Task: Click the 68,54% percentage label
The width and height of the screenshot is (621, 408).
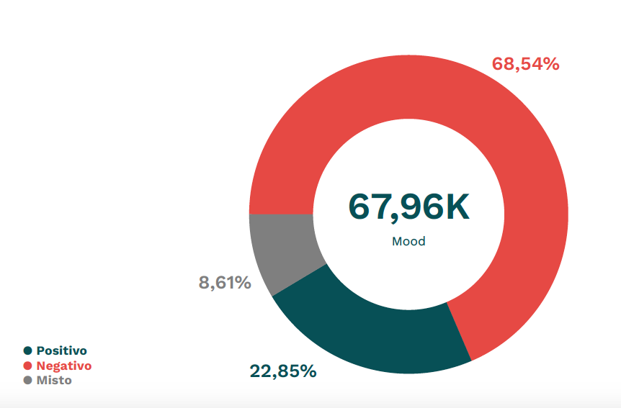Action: click(x=525, y=64)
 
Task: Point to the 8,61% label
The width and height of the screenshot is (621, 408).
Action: click(x=225, y=283)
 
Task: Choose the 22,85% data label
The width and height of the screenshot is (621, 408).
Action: click(x=283, y=371)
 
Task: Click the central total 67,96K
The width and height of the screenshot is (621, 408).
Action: click(x=408, y=207)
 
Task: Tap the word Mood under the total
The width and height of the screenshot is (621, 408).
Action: click(x=408, y=242)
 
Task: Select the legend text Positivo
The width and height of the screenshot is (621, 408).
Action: click(x=61, y=351)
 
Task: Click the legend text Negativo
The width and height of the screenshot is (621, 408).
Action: click(x=64, y=366)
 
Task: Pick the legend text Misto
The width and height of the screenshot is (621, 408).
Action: click(x=54, y=380)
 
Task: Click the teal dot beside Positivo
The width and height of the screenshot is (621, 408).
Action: click(x=28, y=351)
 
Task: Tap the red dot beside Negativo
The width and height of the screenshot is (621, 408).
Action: click(x=28, y=366)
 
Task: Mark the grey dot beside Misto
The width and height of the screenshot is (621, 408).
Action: click(x=28, y=380)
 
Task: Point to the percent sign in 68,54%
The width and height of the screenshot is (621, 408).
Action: click(x=551, y=64)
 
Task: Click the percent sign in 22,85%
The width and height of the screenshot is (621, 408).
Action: click(x=308, y=371)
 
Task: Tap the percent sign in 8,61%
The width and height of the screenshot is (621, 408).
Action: click(x=243, y=283)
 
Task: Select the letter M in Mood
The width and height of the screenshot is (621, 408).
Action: click(x=397, y=242)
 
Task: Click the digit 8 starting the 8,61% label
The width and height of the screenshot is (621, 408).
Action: click(x=204, y=283)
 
